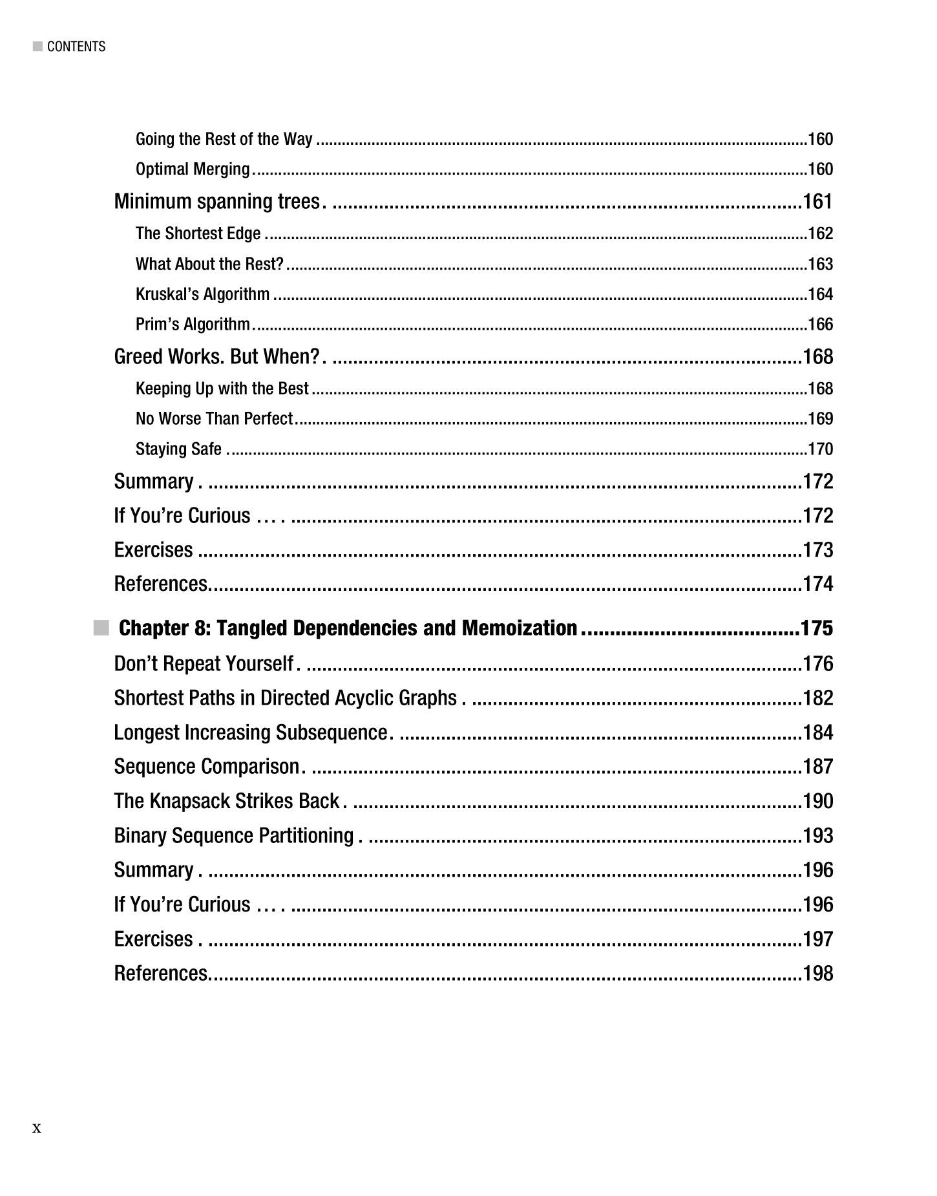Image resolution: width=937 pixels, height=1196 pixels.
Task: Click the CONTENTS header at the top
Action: [76, 47]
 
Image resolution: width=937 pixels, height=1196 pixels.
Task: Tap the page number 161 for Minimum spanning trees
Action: [817, 202]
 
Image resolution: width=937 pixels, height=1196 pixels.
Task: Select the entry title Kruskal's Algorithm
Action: [202, 294]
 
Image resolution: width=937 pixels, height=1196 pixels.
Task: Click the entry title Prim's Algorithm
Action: [193, 324]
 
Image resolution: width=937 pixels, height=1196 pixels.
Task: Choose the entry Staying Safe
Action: [178, 449]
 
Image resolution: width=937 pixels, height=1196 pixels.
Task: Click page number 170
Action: [820, 449]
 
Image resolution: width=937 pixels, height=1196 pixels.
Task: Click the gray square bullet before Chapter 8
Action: [101, 628]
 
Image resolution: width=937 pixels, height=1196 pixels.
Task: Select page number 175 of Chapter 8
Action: [817, 628]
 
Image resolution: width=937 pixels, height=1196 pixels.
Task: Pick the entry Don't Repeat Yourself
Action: [204, 663]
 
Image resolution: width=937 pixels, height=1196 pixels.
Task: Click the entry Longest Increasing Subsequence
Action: [250, 732]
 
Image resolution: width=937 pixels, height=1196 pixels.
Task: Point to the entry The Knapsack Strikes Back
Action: [226, 801]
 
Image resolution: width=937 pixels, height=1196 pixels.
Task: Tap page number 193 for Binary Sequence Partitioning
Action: [817, 835]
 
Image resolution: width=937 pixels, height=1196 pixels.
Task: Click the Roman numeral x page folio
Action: [37, 1128]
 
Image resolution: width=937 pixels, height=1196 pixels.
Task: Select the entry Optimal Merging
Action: [193, 169]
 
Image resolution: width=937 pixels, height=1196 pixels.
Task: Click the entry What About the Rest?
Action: [209, 264]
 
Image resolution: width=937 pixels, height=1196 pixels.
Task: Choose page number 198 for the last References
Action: [817, 973]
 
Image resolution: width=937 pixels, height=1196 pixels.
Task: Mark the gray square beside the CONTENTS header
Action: [37, 47]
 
